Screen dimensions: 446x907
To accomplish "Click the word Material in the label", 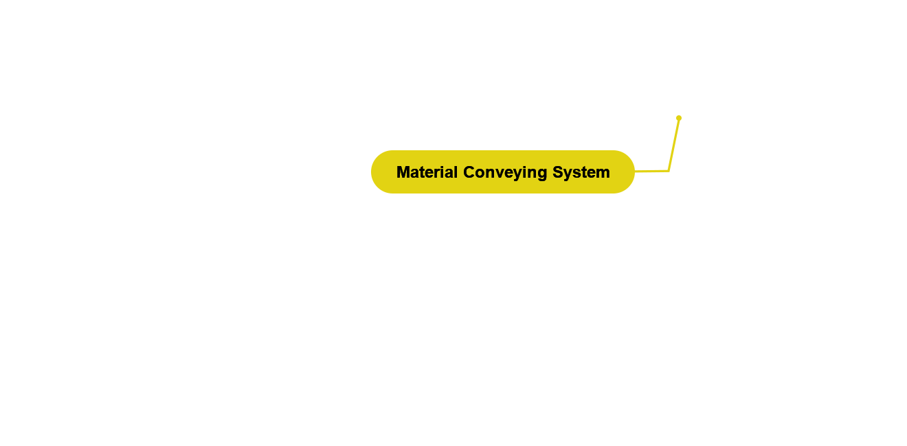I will point(427,172).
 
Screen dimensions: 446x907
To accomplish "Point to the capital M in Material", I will point(403,172).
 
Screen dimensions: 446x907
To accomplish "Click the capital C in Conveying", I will point(469,172).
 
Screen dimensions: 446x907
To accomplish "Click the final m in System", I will point(604,173).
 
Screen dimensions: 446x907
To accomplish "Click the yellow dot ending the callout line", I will point(679,118).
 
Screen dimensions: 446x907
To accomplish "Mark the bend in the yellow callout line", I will point(669,169).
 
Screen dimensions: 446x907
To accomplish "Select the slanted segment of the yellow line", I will point(674,144).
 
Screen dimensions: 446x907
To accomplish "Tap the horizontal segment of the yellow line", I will point(652,170).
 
